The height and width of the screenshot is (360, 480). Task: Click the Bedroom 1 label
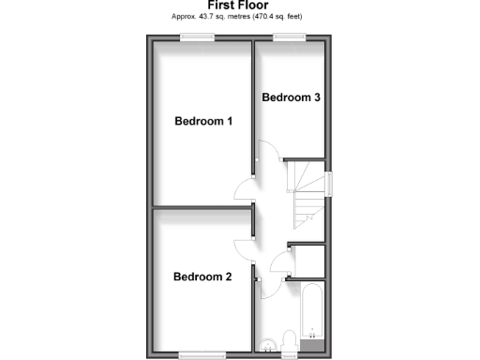[203, 121]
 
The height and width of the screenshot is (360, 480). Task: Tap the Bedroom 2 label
[202, 277]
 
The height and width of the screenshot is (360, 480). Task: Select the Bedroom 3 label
[291, 97]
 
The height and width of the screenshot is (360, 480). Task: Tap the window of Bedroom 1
[198, 37]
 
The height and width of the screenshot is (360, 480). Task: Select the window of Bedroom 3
[290, 37]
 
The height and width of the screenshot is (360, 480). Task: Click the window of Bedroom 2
[198, 353]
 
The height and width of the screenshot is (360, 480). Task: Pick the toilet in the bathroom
[291, 340]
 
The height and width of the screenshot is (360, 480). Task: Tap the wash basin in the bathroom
[267, 343]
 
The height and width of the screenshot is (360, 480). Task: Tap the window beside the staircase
[329, 184]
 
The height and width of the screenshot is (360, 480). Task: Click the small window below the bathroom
[290, 354]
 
